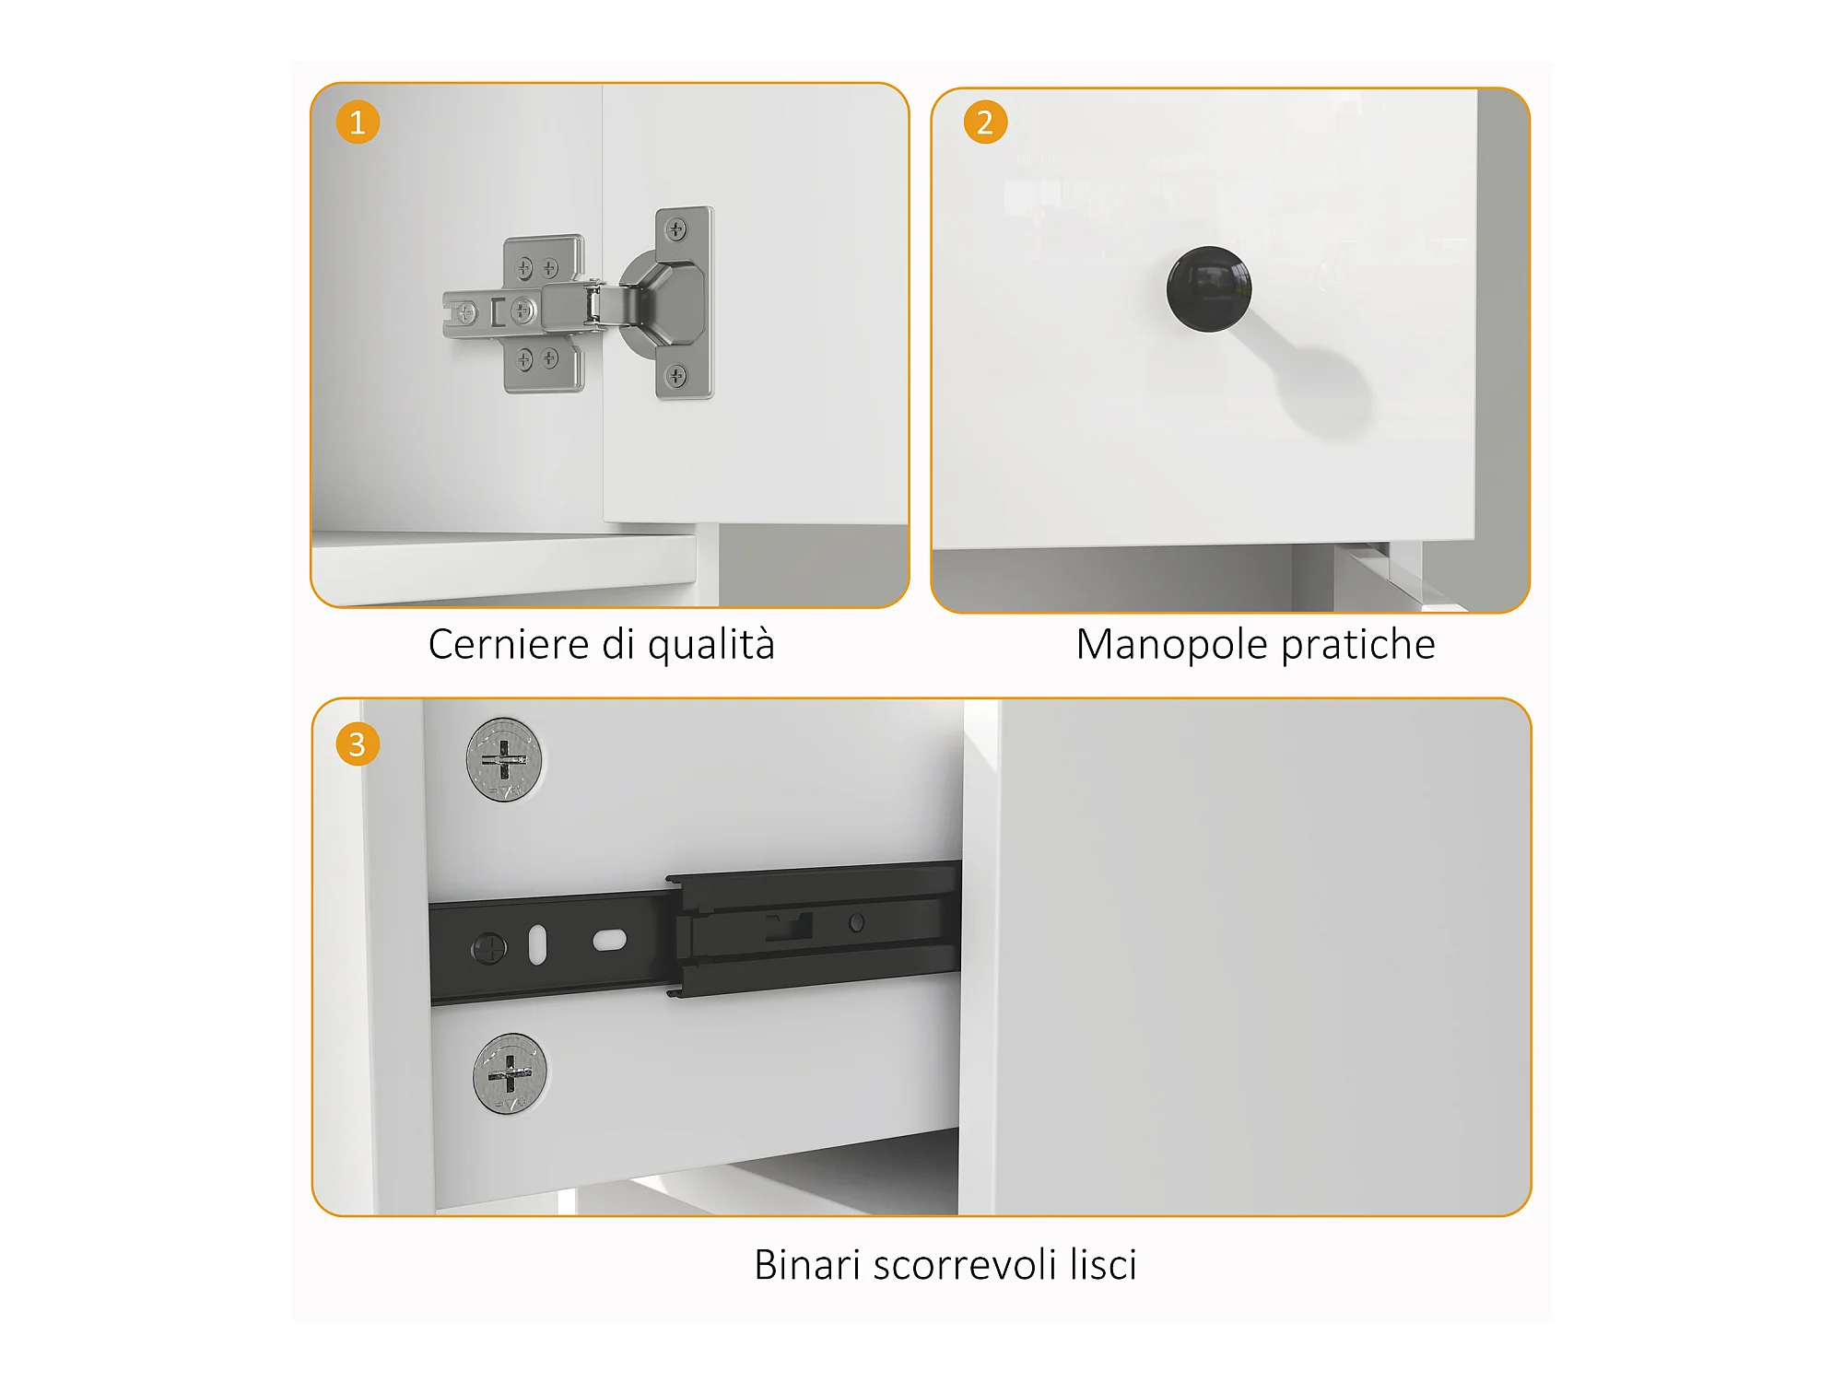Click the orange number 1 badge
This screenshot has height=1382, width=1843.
tap(358, 122)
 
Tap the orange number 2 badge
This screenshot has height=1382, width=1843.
tap(985, 122)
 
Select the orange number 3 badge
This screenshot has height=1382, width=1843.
tap(358, 744)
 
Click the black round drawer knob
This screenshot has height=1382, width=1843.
tap(1209, 288)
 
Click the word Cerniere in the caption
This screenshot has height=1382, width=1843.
tap(509, 644)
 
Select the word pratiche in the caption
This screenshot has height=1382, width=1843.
tap(1358, 645)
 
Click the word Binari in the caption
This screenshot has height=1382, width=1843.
tap(807, 1265)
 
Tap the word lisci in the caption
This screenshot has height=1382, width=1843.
tap(1103, 1265)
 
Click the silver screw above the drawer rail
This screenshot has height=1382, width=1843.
tap(504, 760)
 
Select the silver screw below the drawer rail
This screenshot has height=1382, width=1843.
tap(510, 1073)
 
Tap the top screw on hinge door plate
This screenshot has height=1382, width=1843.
tap(676, 229)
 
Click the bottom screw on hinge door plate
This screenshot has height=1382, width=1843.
tap(676, 375)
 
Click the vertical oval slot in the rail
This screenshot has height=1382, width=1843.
tap(538, 945)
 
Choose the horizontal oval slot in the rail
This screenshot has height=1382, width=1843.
tap(610, 941)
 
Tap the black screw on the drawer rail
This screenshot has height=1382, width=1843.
tap(488, 948)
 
